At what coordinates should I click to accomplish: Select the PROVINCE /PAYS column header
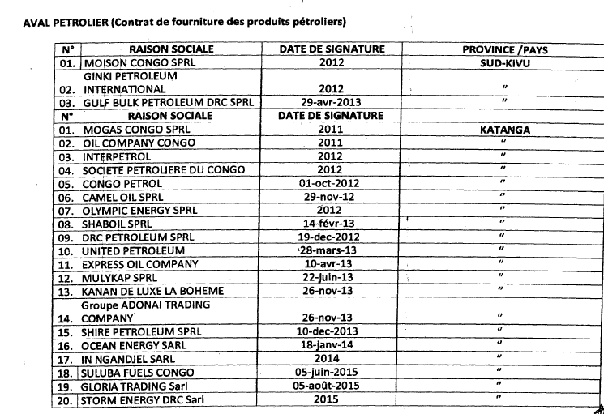(504, 49)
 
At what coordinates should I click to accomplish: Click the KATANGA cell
(504, 130)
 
